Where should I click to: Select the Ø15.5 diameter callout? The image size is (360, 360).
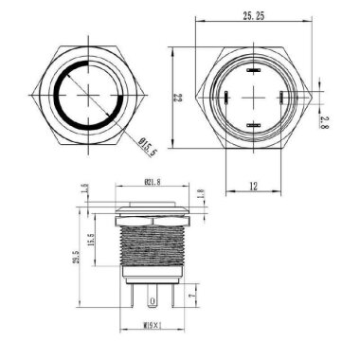click(x=148, y=147)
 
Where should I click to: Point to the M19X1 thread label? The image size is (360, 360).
click(x=152, y=328)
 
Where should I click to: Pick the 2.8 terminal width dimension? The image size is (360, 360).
click(x=324, y=120)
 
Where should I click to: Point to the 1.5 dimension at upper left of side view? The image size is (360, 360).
click(x=84, y=189)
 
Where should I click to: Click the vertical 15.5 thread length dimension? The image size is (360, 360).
click(x=92, y=236)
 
